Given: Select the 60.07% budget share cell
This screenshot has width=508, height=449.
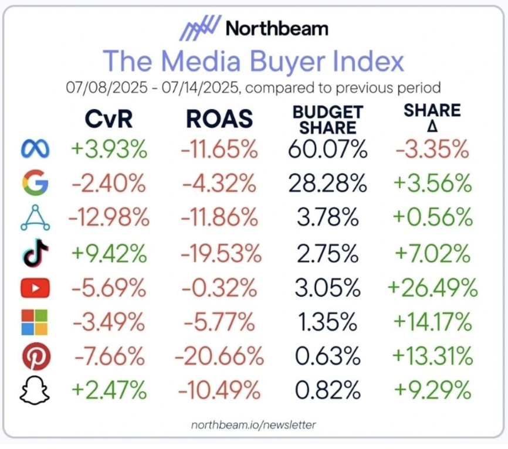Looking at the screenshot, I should [x=327, y=150].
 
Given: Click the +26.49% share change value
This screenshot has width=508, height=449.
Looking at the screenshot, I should [x=433, y=288].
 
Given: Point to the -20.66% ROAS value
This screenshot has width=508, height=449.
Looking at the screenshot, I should [x=216, y=356].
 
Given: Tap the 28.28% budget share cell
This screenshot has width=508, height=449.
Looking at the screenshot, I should [x=327, y=185].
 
